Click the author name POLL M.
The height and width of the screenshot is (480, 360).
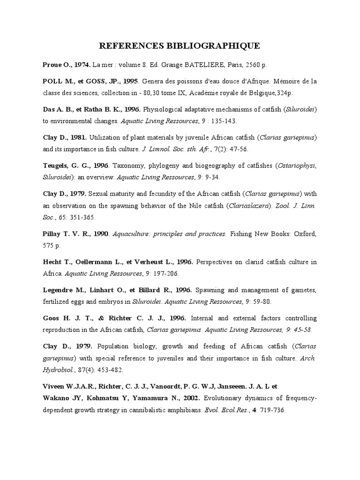click(x=55, y=81)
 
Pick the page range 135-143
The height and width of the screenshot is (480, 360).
click(x=222, y=120)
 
